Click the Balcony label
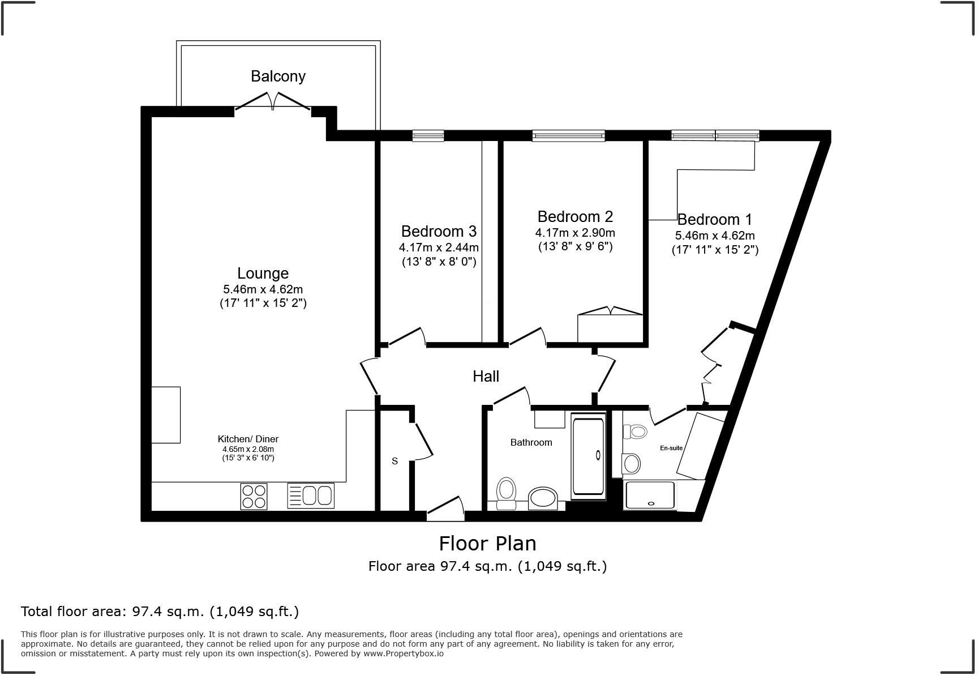pos(278,76)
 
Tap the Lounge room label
pos(263,274)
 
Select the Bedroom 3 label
pos(439,231)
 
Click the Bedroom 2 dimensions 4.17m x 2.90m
pos(575,233)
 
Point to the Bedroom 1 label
pos(715,219)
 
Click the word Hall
pos(486,376)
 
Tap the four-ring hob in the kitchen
pos(254,496)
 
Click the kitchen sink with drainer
pos(311,495)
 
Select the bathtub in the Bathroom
pos(589,456)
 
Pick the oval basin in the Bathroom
pos(543,498)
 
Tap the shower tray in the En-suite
pos(650,495)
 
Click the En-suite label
pos(671,448)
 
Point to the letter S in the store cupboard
pos(394,461)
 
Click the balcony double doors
pos(273,101)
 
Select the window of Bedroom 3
pos(428,135)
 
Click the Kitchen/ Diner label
pos(248,439)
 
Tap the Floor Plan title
pos(487,544)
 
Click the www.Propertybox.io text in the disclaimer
pos(404,653)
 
